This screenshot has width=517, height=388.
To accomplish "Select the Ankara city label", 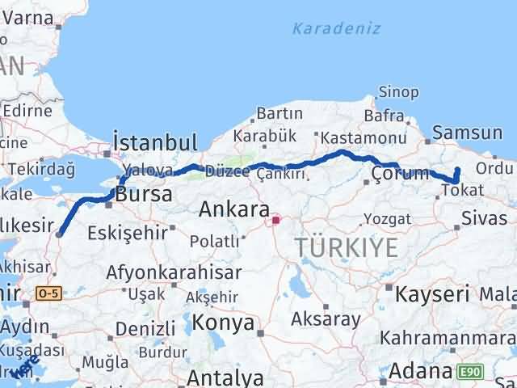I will click(x=233, y=210).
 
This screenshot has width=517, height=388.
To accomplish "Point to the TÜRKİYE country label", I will click(x=347, y=247).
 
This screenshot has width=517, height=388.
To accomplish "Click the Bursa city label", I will click(x=144, y=195).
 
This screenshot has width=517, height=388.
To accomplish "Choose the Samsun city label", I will click(x=468, y=133).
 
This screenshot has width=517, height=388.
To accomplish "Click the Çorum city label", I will click(x=398, y=173).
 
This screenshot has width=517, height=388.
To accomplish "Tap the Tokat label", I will click(x=464, y=191).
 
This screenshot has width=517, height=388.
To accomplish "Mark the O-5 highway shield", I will click(x=48, y=293).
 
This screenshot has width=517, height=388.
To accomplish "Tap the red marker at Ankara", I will click(x=275, y=219).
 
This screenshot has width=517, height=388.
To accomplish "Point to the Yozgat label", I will click(x=387, y=219).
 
